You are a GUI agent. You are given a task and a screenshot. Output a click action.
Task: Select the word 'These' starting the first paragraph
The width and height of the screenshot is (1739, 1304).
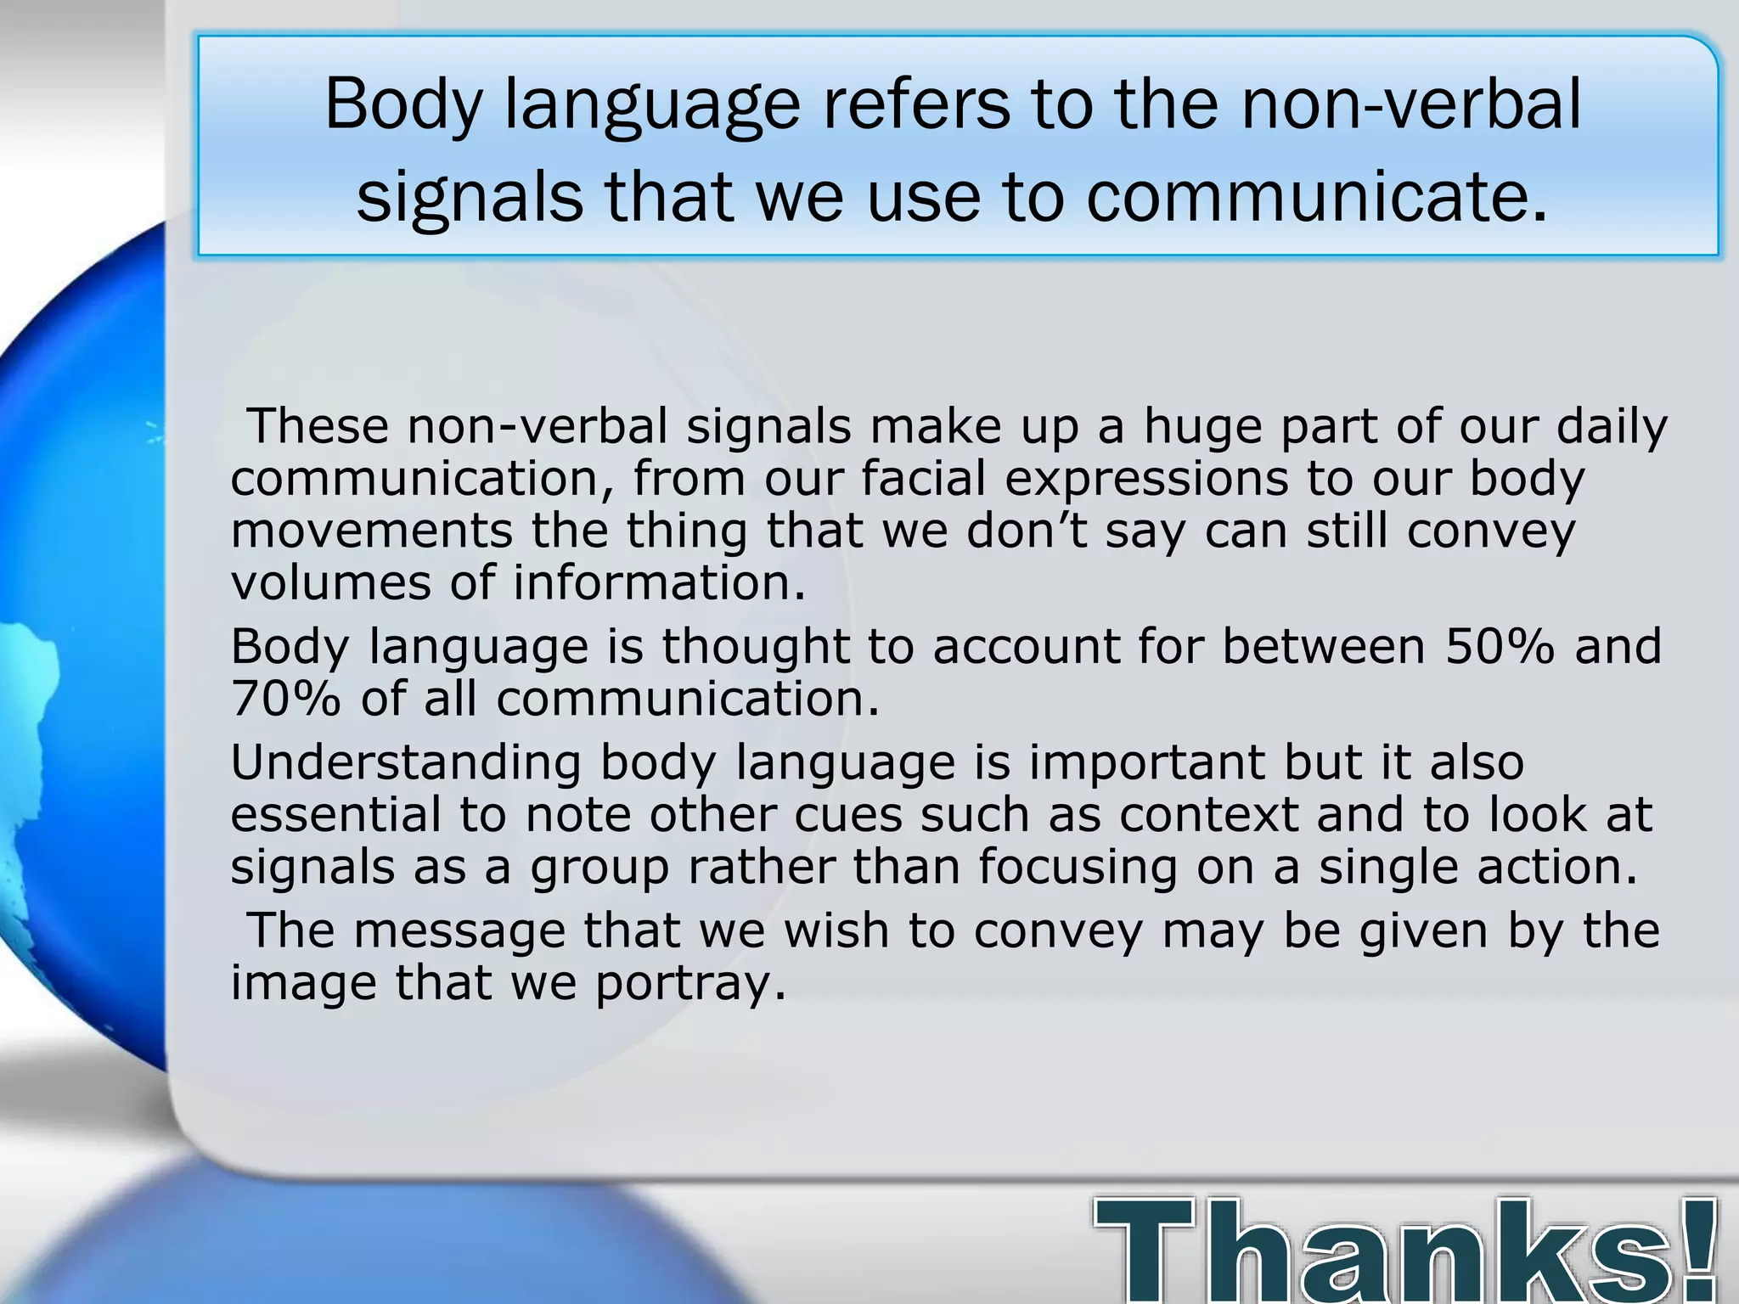point(317,425)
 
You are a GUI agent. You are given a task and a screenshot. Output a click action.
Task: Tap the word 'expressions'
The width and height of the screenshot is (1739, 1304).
point(1146,480)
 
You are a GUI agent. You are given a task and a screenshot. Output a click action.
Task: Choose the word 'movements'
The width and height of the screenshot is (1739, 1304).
point(371,531)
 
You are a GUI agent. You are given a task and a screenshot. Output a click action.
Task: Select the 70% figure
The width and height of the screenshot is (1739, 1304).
point(285,699)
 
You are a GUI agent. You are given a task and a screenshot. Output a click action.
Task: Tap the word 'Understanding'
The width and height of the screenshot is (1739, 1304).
point(405,762)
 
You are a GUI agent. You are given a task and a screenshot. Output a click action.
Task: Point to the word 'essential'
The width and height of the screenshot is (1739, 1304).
point(335,814)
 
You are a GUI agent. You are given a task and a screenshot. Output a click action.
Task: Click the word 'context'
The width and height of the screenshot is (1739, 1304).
point(1208,815)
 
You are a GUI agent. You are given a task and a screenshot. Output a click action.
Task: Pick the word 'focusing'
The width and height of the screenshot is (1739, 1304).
point(1078,868)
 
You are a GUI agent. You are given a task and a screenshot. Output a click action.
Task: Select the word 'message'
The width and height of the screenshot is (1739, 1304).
point(459,930)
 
